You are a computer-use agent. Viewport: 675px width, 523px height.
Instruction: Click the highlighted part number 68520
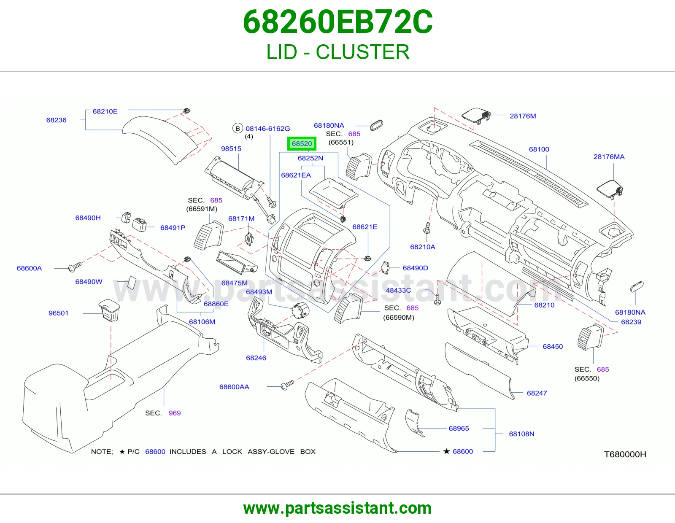[302, 143]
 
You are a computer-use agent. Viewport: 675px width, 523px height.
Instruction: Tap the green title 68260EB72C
[337, 22]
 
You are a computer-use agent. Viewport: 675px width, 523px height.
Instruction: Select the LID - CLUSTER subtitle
[338, 52]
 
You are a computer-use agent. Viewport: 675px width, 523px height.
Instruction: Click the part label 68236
[56, 120]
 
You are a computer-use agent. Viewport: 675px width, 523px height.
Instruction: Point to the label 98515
[231, 149]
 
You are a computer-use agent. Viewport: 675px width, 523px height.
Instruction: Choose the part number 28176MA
[609, 157]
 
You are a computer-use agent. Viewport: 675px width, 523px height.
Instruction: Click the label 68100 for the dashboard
[539, 149]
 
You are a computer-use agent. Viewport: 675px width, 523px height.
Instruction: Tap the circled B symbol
[238, 128]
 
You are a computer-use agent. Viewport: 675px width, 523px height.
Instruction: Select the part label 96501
[58, 313]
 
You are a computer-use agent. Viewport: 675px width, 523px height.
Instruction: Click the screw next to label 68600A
[74, 267]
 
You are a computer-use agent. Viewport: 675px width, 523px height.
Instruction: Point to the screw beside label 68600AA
[287, 385]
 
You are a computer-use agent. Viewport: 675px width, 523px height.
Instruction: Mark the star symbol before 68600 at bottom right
[446, 451]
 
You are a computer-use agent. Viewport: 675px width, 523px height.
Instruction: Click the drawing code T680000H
[625, 454]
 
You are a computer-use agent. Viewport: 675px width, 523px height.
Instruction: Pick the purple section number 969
[175, 413]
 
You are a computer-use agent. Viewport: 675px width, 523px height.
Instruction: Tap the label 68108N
[521, 434]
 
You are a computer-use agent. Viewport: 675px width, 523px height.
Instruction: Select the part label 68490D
[415, 268]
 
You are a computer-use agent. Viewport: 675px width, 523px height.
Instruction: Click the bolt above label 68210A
[427, 228]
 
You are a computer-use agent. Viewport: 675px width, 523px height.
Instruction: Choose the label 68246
[256, 358]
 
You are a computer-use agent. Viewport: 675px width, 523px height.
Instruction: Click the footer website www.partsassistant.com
[337, 508]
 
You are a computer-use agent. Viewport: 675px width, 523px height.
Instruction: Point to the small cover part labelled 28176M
[475, 116]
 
